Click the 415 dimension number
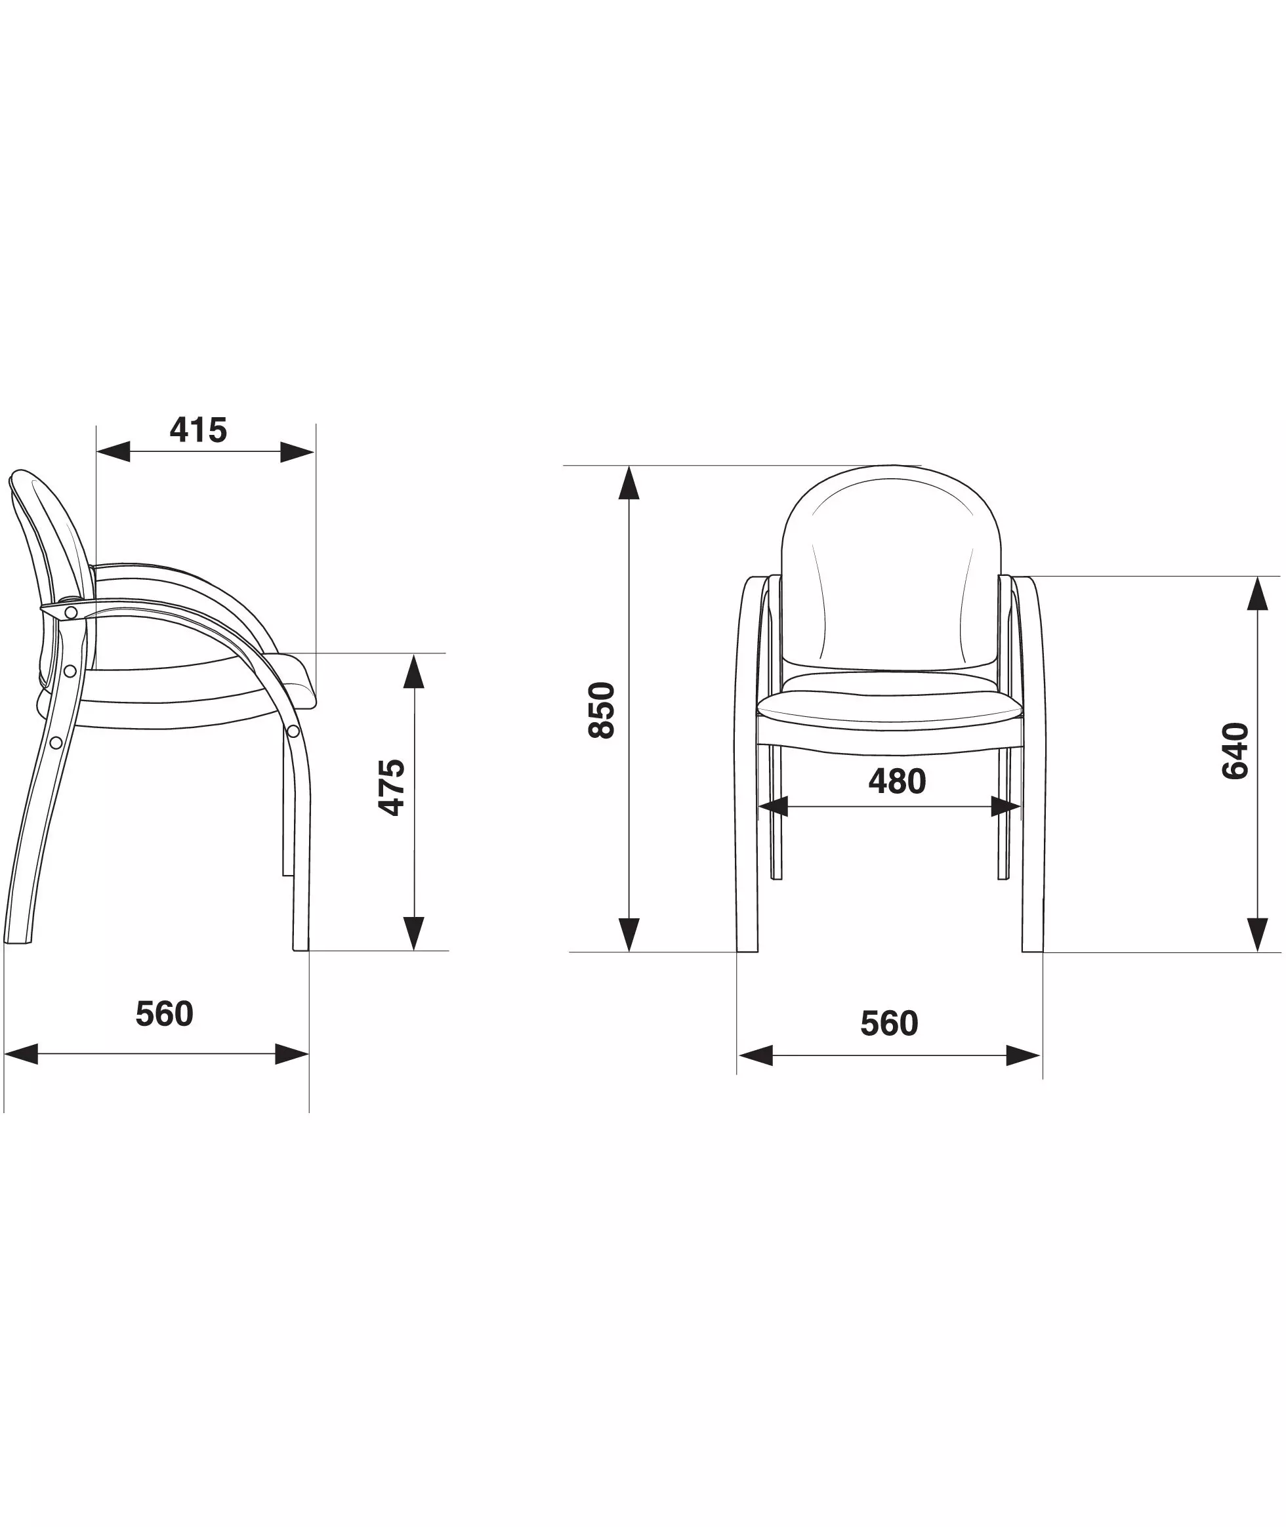click(198, 430)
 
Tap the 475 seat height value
click(392, 786)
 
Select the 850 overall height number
click(602, 710)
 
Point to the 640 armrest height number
click(1235, 751)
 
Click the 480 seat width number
click(897, 781)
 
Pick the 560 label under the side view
click(165, 1014)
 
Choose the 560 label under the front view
click(890, 1023)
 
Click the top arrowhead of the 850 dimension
click(629, 483)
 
